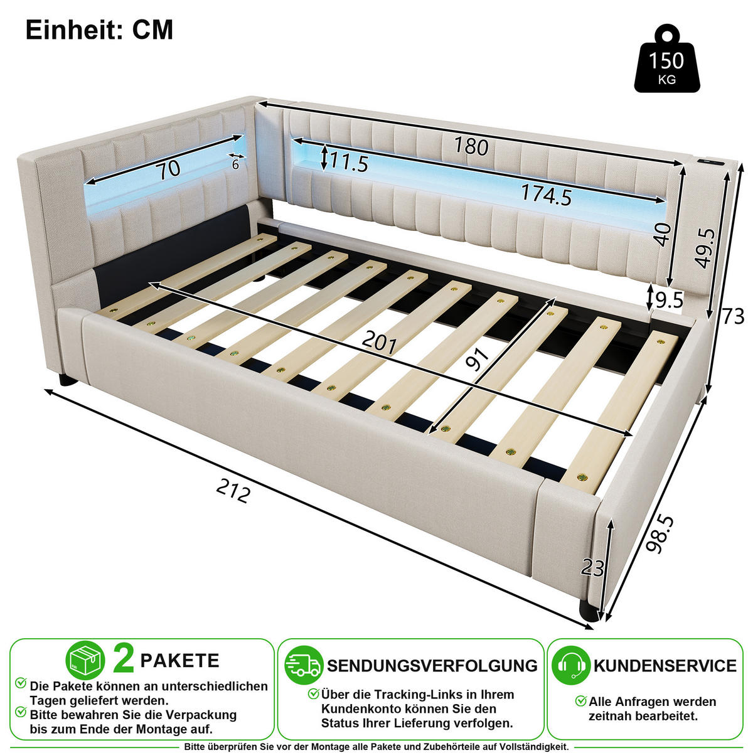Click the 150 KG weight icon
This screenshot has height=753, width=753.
click(x=666, y=58)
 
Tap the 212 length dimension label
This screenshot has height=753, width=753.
click(x=233, y=491)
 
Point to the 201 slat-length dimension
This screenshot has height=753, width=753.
click(x=379, y=343)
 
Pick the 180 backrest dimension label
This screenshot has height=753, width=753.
click(x=471, y=146)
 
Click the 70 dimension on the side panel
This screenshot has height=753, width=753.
click(x=168, y=169)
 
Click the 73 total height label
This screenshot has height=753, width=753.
click(x=733, y=316)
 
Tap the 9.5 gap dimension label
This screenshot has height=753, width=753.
click(x=669, y=300)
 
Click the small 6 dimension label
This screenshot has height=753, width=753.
click(x=235, y=164)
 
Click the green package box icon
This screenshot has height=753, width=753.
click(x=85, y=660)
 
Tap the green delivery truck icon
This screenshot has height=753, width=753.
click(x=304, y=665)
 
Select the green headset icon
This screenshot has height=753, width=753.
click(x=571, y=665)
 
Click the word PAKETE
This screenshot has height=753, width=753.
click(x=179, y=661)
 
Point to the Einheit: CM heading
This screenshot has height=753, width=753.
click(x=99, y=29)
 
